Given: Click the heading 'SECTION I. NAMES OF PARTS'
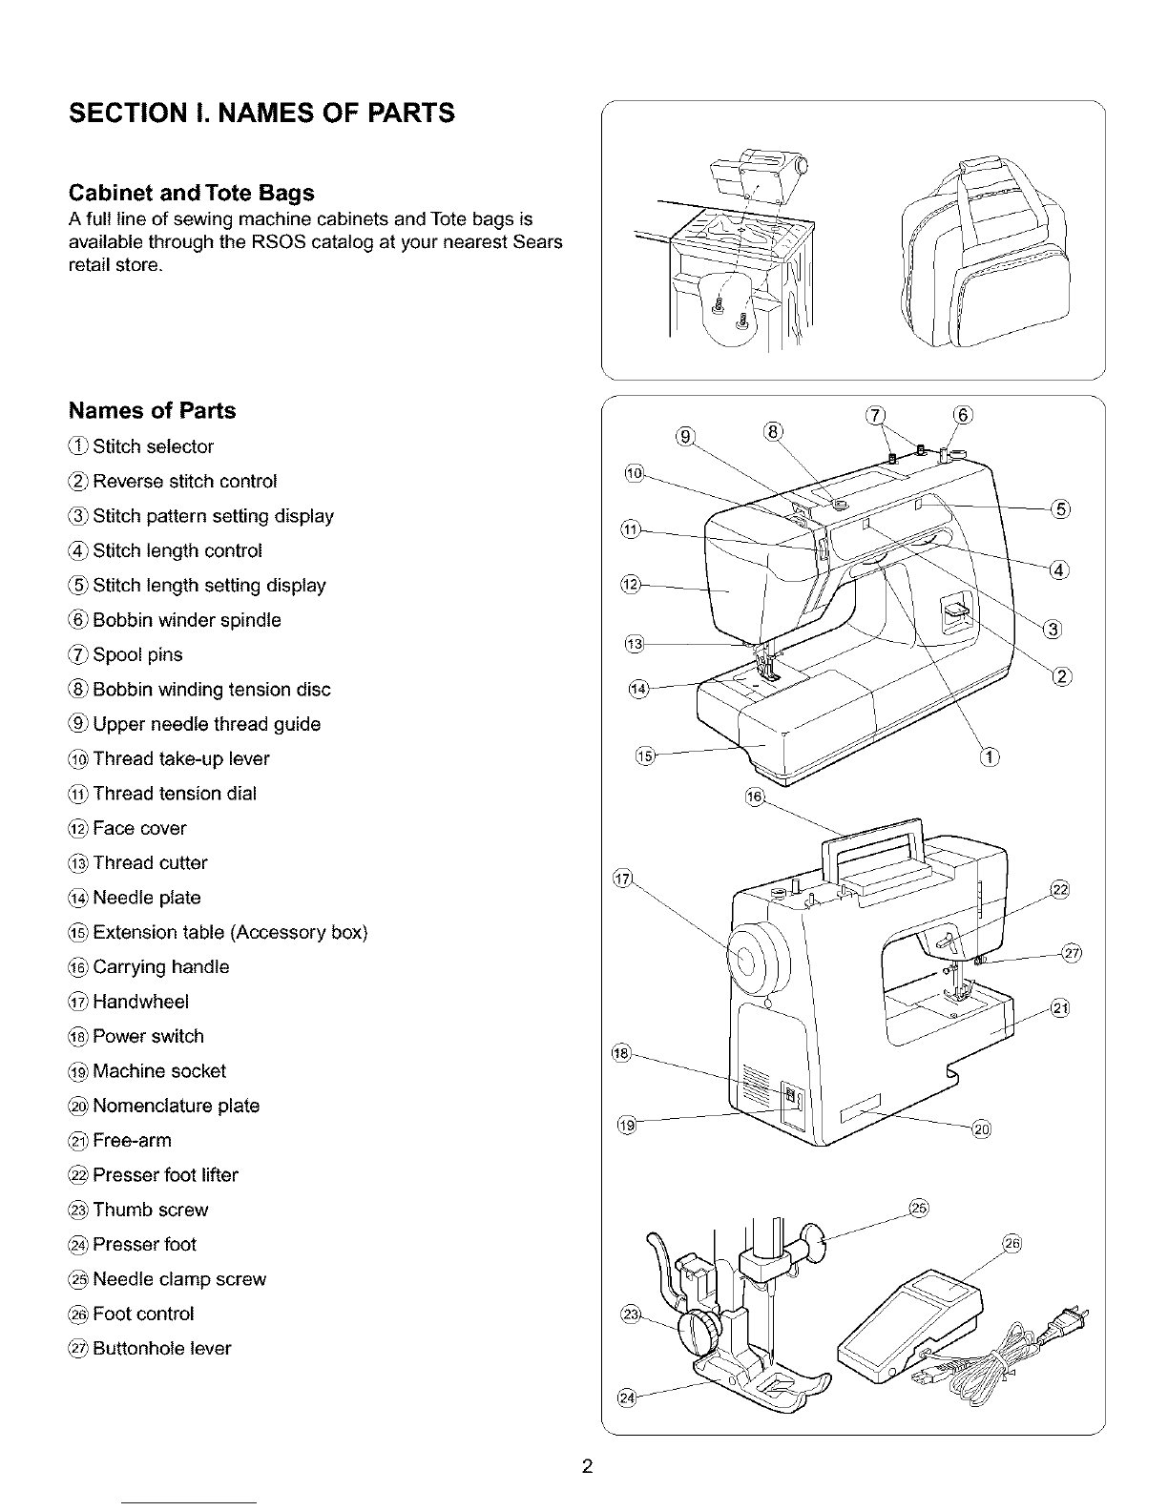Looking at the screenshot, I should point(261,114).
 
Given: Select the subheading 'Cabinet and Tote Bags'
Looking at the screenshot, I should point(192,193).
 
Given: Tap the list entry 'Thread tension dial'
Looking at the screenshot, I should point(175,794).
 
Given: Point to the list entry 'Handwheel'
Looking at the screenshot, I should point(140,1002).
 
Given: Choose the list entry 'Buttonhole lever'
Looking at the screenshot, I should point(161,1349).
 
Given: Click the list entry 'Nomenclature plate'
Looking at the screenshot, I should point(176,1106).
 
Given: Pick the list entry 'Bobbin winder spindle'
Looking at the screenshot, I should point(187,620).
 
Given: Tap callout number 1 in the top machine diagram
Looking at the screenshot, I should point(990,758).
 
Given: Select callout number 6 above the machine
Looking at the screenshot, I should point(963,415).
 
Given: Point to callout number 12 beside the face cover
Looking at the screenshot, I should point(630,584).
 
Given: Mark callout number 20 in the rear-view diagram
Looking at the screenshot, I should point(981,1131).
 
